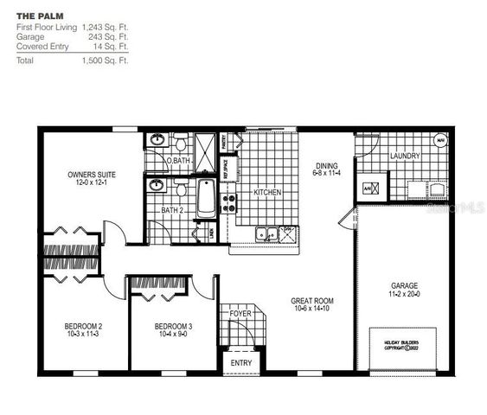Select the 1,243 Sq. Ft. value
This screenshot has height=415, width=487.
coord(105,28)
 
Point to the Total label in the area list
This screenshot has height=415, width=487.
coord(25,61)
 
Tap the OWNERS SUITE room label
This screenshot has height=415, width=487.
coord(92,175)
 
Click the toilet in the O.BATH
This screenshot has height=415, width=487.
coord(180,143)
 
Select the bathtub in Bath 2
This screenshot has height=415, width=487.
coord(206,198)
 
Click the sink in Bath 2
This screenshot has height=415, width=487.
coord(157,185)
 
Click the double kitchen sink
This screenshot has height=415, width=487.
coord(267,233)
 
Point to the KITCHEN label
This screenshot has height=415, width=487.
coord(266,192)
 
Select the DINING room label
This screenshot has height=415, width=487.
coord(326,166)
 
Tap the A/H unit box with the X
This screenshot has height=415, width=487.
coord(367,188)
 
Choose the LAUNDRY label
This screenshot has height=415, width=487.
coord(405,156)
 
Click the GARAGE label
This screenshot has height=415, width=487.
coord(405,284)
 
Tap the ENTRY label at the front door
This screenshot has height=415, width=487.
coord(240,361)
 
